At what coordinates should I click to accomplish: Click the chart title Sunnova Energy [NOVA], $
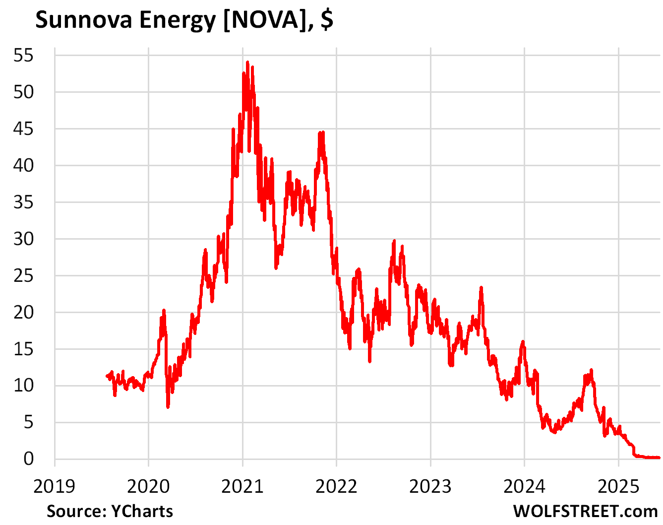coord(184,20)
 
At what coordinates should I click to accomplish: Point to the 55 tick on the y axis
coord(23,55)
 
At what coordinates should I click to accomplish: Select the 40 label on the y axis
coord(23,165)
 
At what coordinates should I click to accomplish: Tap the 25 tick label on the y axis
coord(23,275)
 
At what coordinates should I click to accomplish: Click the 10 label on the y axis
coord(23,386)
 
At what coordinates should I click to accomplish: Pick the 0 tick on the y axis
coord(28,459)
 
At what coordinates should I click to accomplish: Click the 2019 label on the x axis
coord(55,487)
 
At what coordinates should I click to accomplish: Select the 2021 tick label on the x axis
coord(242,487)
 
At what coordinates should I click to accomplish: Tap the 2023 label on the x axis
coord(430,487)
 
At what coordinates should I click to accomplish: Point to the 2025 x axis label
coord(618,487)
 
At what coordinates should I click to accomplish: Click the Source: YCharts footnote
coord(110,511)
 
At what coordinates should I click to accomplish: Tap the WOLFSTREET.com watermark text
coord(585,511)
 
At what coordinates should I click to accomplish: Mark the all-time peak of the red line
coord(247,62)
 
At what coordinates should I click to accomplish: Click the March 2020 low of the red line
coord(168,407)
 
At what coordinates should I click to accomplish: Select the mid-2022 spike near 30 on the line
coord(394,241)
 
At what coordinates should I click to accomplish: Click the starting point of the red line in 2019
coord(107,376)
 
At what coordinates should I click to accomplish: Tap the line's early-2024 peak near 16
coord(523,342)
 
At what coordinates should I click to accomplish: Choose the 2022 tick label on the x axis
coord(336,487)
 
